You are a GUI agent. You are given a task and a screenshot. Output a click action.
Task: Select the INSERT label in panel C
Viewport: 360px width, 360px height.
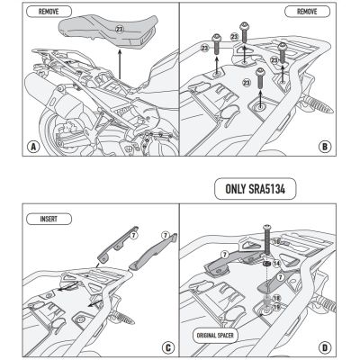37,218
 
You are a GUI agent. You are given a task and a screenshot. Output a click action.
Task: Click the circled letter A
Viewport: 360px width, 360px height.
13,147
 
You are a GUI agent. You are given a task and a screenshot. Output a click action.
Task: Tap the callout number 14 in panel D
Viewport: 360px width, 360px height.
277,263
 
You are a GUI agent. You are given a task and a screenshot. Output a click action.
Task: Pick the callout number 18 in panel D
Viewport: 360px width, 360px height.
277,297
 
